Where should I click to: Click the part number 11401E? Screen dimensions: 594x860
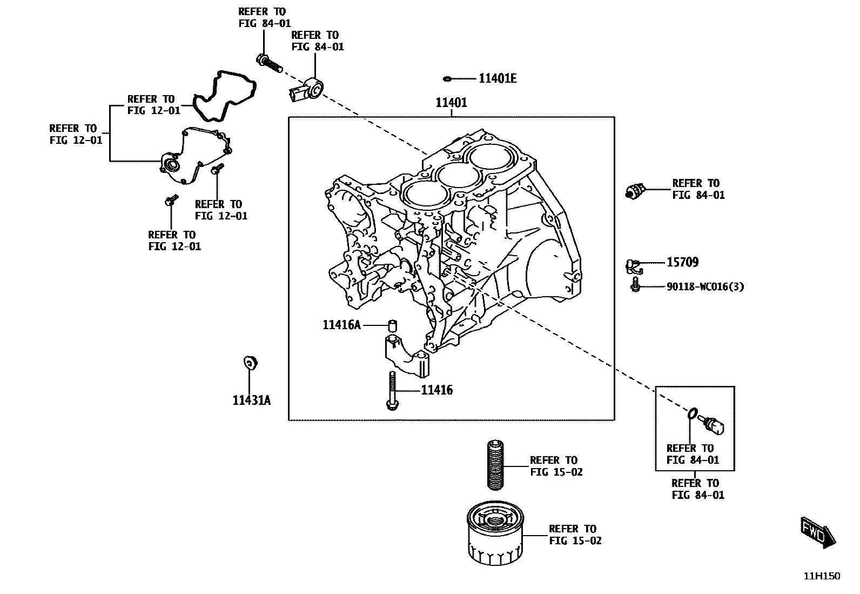[497, 79]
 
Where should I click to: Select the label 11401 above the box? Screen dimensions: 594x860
[451, 103]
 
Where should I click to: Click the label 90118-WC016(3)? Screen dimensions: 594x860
[705, 287]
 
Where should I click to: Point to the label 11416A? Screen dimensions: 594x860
[341, 325]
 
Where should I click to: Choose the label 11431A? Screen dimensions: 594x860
[252, 401]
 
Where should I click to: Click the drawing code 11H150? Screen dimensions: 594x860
[822, 576]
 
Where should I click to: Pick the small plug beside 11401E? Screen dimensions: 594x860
[447, 79]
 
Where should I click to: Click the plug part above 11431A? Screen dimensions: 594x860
[250, 363]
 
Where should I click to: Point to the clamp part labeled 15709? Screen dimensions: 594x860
[633, 265]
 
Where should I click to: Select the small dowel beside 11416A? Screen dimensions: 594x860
[393, 325]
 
